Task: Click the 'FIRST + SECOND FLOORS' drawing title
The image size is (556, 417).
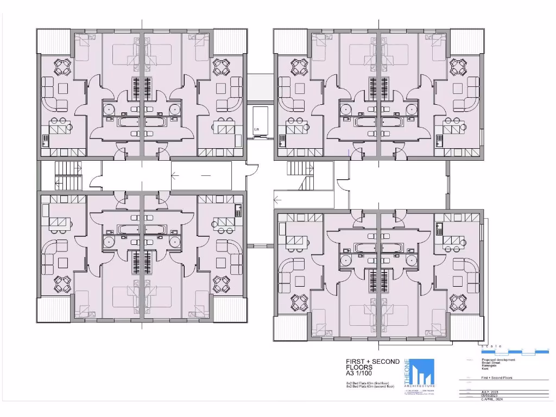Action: pos(372,364)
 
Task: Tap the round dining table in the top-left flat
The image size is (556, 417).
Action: pos(61,68)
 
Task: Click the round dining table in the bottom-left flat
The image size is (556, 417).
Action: pos(61,283)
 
